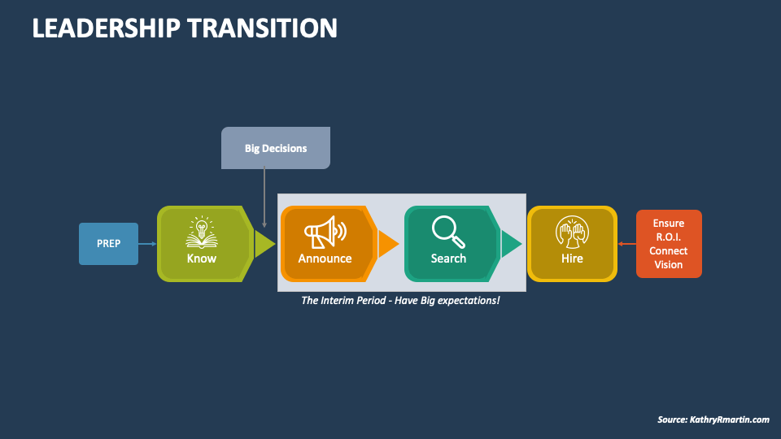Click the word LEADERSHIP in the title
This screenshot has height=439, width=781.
(x=107, y=28)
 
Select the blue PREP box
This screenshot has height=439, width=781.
(x=108, y=243)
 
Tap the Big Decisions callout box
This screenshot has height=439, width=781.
(x=276, y=148)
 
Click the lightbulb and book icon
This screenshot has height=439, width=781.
(x=201, y=232)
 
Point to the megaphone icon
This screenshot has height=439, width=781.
(x=325, y=232)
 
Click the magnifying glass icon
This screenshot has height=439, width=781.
(x=448, y=231)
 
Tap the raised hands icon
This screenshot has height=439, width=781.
(x=572, y=232)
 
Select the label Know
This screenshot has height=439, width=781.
(x=201, y=259)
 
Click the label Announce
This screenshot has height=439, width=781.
(x=325, y=259)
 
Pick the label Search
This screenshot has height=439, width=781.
(x=448, y=259)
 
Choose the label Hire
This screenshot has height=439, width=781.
(x=572, y=259)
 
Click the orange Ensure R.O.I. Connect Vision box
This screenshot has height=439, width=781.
(x=668, y=244)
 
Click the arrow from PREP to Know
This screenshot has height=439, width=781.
(x=147, y=244)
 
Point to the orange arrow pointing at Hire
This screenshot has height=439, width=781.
(x=626, y=244)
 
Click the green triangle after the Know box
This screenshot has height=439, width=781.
(x=264, y=244)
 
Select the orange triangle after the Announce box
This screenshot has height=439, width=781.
(x=388, y=244)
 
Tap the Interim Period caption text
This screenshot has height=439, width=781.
(x=400, y=301)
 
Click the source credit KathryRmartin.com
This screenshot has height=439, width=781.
(x=713, y=419)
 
